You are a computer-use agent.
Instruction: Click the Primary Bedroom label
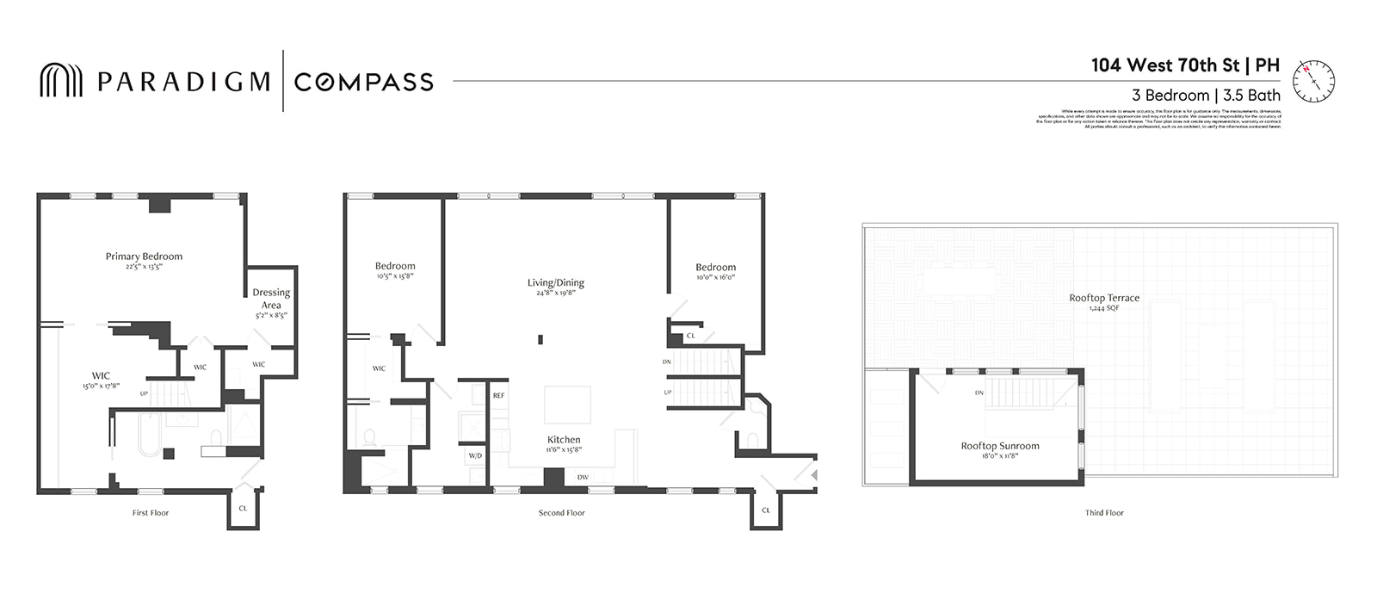(x=144, y=257)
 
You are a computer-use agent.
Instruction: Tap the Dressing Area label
(x=271, y=299)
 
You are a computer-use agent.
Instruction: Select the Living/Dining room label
(x=555, y=282)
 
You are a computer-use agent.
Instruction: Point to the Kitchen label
(x=564, y=440)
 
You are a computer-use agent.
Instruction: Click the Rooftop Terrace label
(x=1104, y=298)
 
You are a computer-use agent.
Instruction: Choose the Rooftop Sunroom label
(x=1000, y=446)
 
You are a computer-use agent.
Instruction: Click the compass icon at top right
(x=1313, y=81)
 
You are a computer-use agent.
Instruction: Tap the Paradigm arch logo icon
(x=61, y=81)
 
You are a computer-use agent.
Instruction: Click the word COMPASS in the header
(x=363, y=82)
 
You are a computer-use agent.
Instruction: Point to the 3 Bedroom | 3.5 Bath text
(x=1206, y=96)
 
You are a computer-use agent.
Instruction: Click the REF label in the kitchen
(x=498, y=396)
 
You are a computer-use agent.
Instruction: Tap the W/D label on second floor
(x=475, y=455)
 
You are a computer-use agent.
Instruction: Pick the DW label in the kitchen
(x=583, y=478)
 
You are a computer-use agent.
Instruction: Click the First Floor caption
(x=151, y=513)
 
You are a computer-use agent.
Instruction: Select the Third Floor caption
(x=1104, y=513)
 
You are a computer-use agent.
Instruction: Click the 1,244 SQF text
(x=1104, y=308)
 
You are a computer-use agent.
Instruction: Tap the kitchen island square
(x=567, y=405)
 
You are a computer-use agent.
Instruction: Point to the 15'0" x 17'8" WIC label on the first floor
(x=101, y=380)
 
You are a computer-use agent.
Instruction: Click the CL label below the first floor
(x=243, y=509)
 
